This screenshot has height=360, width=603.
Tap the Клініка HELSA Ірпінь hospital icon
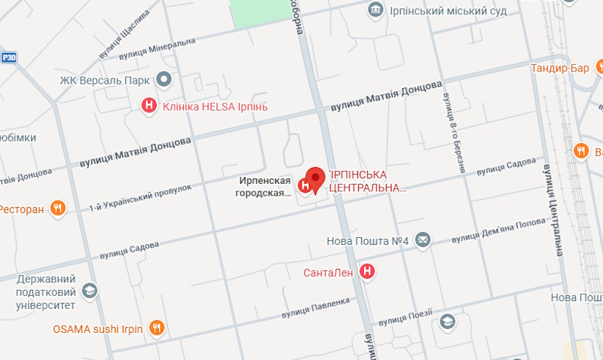150,106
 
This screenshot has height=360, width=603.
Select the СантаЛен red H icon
367,271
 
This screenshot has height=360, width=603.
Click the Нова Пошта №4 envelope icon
422,240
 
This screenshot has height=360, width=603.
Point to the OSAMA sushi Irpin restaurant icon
157,328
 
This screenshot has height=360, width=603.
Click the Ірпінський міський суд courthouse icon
374,10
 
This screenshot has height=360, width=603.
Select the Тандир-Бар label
560,69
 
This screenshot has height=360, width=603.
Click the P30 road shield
8,56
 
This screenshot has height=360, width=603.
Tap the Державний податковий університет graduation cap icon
90,291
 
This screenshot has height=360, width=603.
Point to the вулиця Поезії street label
406,317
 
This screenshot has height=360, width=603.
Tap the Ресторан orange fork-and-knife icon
58,209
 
